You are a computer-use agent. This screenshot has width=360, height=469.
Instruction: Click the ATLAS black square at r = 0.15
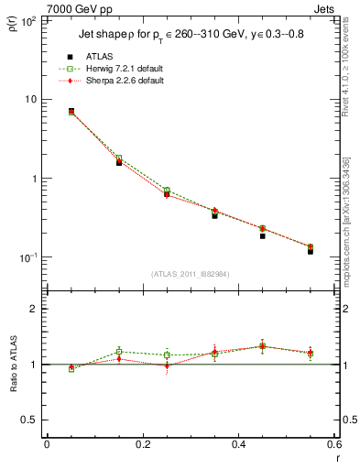tap(119, 162)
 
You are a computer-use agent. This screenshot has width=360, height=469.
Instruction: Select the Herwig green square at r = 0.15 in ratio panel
tap(119, 351)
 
